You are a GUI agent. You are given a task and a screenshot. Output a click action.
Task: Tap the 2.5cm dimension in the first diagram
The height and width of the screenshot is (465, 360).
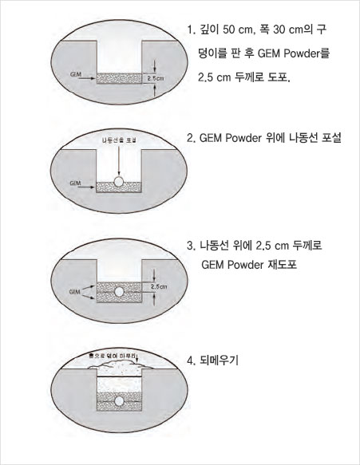(x=156, y=79)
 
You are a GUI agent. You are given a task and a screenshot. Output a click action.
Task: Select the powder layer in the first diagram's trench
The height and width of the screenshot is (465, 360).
(x=117, y=79)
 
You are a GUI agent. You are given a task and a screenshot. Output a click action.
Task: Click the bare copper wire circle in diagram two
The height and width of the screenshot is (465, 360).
(x=118, y=182)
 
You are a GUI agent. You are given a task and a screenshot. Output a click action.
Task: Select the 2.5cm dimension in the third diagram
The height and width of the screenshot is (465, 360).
(x=158, y=286)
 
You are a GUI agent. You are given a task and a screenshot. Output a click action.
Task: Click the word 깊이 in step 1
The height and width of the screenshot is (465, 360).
(x=206, y=30)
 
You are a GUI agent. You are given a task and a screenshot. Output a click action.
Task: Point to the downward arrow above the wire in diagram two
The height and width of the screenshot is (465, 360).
(x=118, y=160)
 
